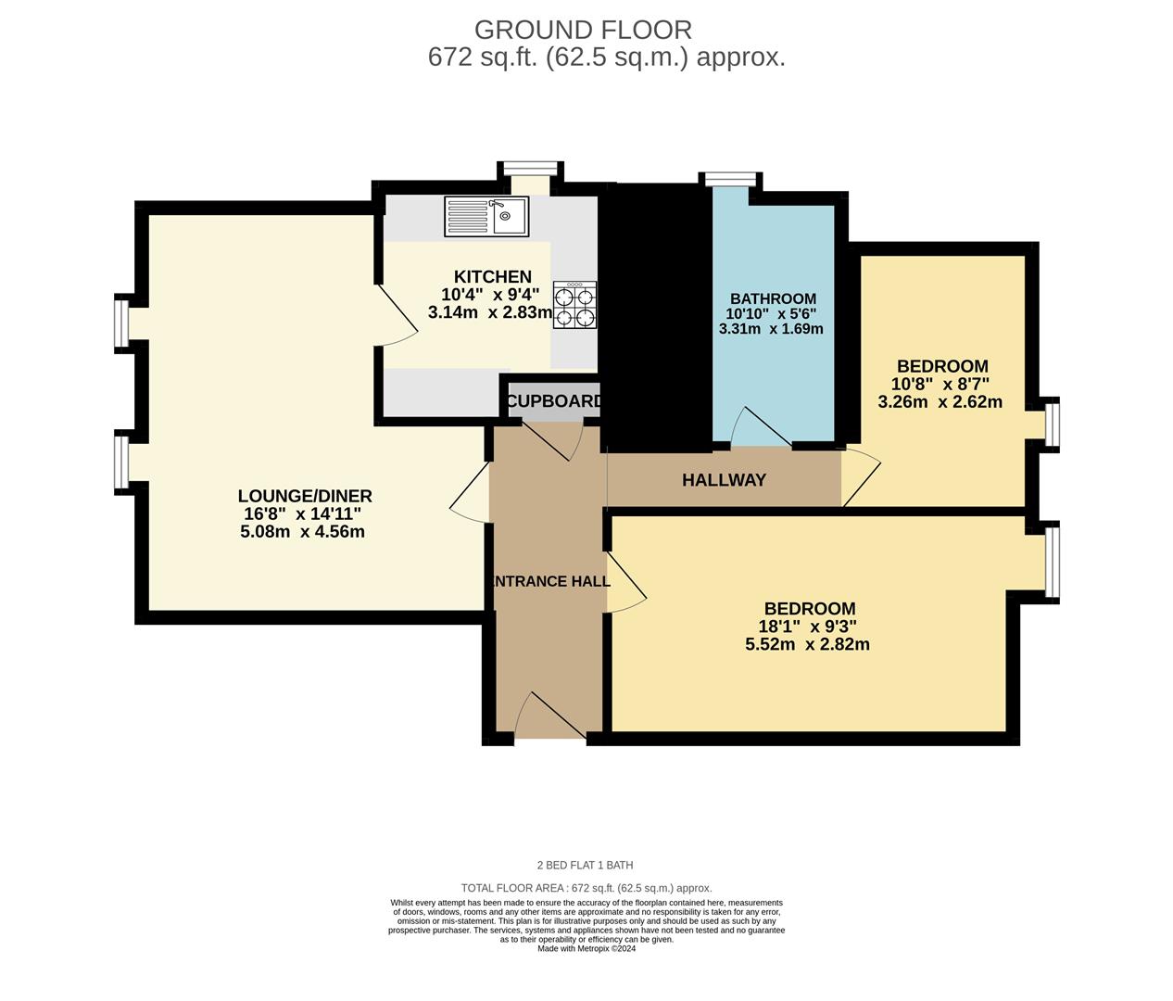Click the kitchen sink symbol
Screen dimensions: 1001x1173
(x=486, y=217)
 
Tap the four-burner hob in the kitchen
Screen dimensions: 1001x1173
(x=574, y=305)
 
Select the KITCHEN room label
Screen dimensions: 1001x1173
(x=492, y=276)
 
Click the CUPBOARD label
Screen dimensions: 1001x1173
(x=554, y=401)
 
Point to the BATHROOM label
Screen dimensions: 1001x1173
(x=773, y=298)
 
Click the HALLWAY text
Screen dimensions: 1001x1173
(x=724, y=480)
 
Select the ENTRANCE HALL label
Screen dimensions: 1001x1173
(x=549, y=581)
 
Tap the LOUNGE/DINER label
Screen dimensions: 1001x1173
(x=304, y=496)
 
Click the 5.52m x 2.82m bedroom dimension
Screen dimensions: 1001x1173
(x=807, y=644)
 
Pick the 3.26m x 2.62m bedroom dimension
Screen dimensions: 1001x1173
(x=940, y=402)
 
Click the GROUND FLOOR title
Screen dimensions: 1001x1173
(x=583, y=30)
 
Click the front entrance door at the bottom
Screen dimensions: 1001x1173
(x=551, y=718)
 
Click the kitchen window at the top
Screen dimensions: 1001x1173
(x=531, y=168)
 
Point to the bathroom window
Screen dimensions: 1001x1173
(x=729, y=179)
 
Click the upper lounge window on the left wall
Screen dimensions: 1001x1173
(x=121, y=322)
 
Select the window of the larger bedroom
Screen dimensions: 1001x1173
(x=1052, y=561)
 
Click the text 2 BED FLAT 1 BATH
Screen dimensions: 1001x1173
(x=586, y=866)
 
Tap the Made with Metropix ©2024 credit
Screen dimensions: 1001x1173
(x=586, y=948)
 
